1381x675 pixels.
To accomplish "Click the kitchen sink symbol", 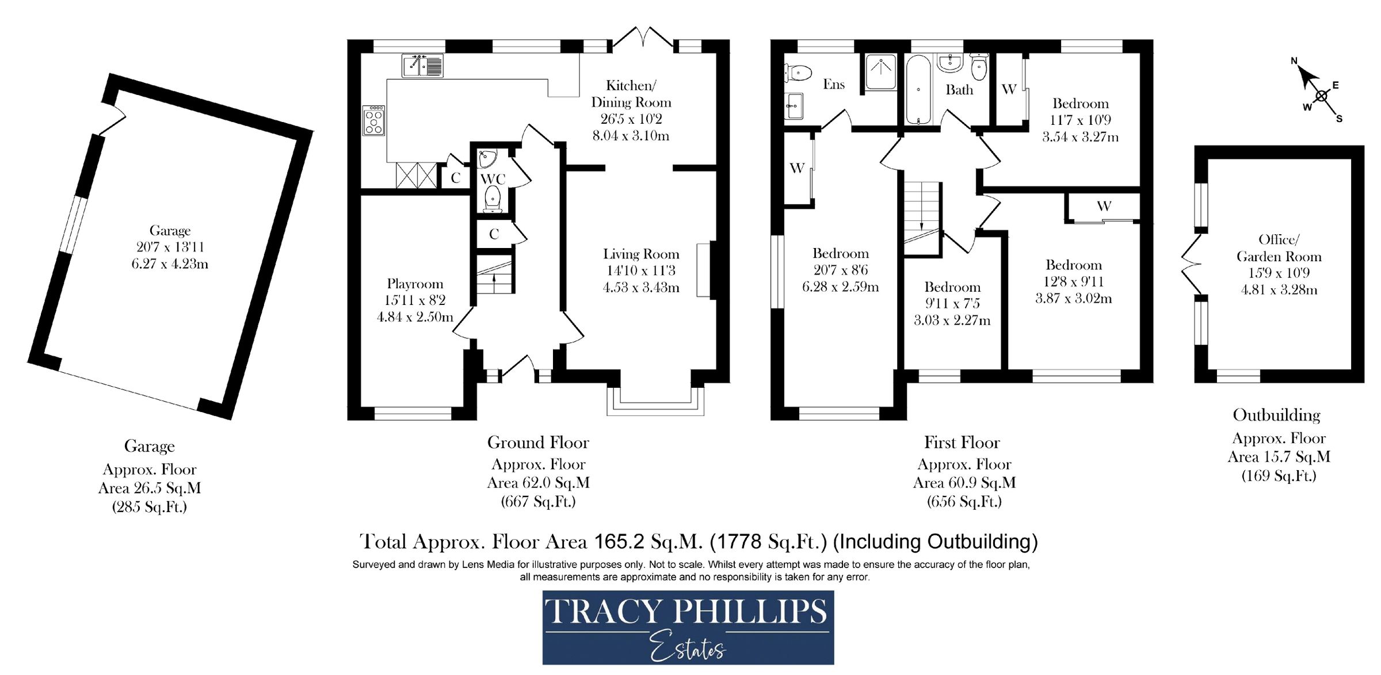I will (x=422, y=65).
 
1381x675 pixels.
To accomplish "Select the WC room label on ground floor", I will (x=493, y=179).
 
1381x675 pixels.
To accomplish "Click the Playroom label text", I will (x=415, y=284).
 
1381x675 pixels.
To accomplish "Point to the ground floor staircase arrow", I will (x=494, y=280).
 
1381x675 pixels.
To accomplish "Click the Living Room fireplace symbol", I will (x=704, y=270).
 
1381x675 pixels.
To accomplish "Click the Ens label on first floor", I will (x=833, y=85).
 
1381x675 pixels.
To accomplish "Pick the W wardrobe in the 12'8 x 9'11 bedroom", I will (x=1103, y=207).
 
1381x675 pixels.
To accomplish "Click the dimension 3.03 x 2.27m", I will (x=952, y=320).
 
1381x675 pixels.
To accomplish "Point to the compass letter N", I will (x=1294, y=61).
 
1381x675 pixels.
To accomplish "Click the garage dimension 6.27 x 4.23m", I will (x=170, y=264).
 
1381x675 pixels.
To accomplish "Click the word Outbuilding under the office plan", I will (x=1276, y=415).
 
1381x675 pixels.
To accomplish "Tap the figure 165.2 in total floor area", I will (x=619, y=541).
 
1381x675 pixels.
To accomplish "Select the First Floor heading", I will (x=962, y=443).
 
